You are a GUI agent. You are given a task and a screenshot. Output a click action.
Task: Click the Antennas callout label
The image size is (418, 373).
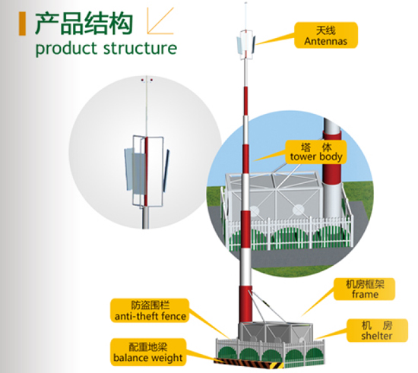(326, 35)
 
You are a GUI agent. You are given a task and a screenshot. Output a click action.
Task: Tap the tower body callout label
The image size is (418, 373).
(316, 152)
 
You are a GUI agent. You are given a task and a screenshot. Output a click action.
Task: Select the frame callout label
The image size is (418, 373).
(364, 289)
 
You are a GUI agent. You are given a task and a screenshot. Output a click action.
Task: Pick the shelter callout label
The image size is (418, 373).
(377, 330)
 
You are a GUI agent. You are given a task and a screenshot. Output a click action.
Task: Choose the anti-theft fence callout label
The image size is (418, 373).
(150, 311)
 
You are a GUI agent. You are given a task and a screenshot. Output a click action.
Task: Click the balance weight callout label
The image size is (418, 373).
(148, 352)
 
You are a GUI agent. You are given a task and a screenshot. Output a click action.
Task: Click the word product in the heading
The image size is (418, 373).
(66, 49)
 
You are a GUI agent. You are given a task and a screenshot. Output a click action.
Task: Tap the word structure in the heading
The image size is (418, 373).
(141, 48)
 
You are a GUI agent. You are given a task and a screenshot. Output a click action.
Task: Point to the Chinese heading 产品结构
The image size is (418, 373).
(84, 24)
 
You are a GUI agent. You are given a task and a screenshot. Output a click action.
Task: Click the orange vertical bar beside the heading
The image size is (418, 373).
(22, 24)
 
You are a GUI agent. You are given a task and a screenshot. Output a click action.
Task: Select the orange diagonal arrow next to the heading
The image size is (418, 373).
(160, 21)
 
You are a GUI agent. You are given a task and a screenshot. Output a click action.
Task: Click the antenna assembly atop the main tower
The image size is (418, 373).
(245, 45)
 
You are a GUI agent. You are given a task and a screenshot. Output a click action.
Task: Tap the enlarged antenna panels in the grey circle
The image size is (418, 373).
(147, 170)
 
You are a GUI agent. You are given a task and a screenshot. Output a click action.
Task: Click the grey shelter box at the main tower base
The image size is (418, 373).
(276, 332)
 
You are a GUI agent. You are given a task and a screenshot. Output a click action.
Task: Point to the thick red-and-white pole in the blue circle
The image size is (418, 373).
(332, 170)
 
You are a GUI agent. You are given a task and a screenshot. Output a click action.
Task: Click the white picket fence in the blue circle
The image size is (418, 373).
(290, 233)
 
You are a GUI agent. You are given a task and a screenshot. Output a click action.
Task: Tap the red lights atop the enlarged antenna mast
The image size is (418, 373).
(147, 80)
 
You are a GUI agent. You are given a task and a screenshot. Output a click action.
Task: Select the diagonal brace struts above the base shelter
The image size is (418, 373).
(265, 306)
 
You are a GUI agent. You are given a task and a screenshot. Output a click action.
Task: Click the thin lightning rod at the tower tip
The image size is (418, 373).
(245, 16)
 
